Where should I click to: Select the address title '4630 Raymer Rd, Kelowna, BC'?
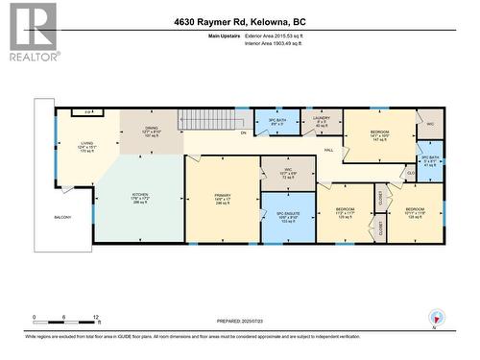(239, 21)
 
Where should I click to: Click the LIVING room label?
(85, 145)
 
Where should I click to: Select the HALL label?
(327, 151)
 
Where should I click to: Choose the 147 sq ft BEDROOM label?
(380, 135)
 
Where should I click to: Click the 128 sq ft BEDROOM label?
(415, 213)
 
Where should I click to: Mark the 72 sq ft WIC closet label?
(288, 173)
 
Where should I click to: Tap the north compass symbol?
(438, 319)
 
